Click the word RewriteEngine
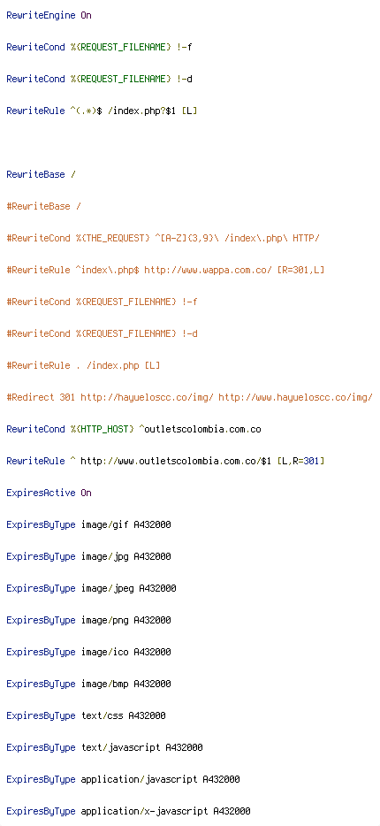41,15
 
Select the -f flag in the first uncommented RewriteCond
186,47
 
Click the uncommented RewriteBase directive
35,174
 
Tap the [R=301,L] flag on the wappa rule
300,270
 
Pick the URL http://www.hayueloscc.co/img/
296,397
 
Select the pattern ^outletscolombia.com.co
200,429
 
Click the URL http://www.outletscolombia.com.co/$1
177,461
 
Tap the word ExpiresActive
41,493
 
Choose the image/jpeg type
107,588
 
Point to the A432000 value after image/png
153,620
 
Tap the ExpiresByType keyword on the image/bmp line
41,684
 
